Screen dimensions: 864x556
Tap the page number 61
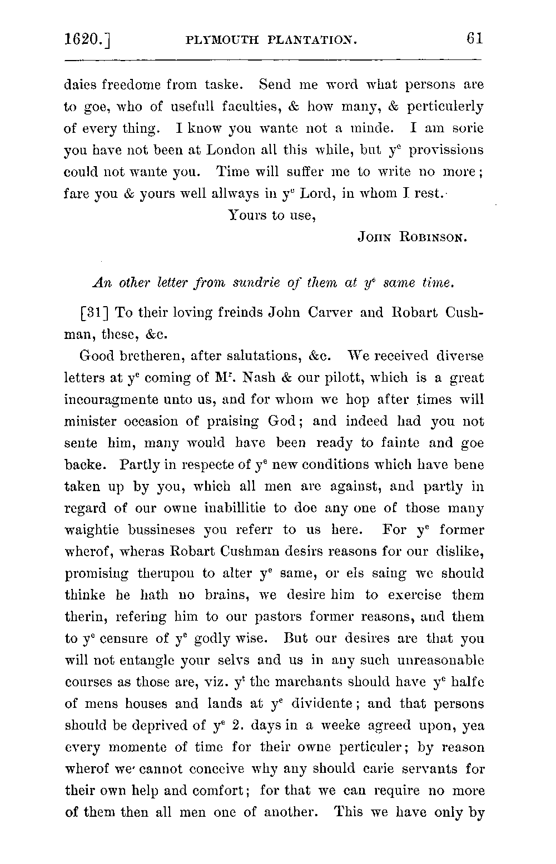pyautogui.click(x=474, y=38)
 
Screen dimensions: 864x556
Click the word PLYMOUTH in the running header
pyautogui.click(x=222, y=40)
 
